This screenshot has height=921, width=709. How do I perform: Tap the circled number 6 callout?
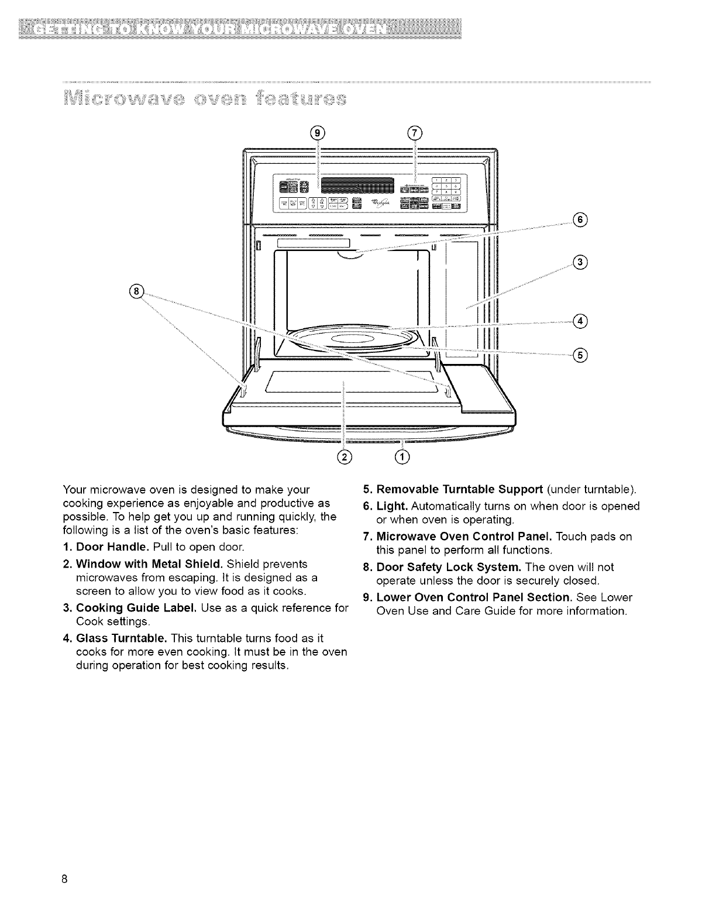coord(580,220)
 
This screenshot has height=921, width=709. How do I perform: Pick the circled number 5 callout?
coord(580,355)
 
